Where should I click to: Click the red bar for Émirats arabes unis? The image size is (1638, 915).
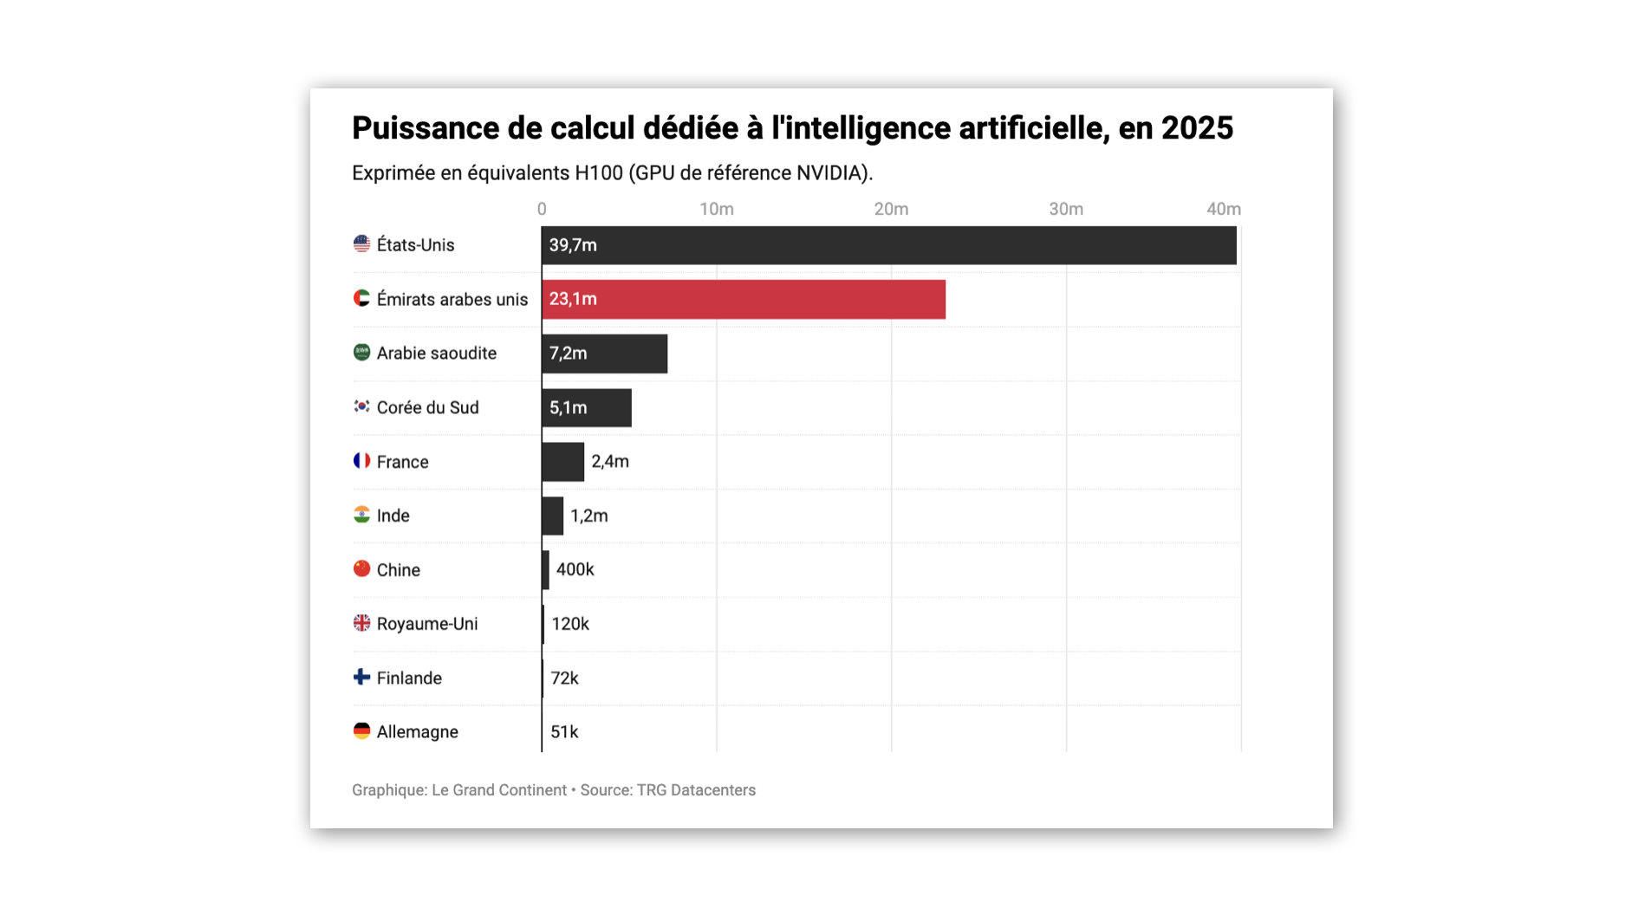pos(744,299)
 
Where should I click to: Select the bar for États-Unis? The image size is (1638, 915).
pos(888,245)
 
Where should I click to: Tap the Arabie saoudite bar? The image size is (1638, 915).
pos(604,354)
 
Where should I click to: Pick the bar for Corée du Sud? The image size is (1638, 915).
pos(587,407)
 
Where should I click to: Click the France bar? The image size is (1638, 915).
pos(562,462)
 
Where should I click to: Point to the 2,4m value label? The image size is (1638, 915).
pos(610,462)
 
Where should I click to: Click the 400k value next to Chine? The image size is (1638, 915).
pos(575,570)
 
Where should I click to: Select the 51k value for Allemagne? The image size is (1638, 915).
pos(564,732)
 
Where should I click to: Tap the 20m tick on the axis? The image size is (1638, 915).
pos(891,209)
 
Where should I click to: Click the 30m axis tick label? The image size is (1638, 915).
pos(1066,209)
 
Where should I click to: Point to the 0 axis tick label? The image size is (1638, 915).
pos(542,209)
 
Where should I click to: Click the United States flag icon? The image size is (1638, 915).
pos(361,244)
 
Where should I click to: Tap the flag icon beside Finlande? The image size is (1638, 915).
pos(361,677)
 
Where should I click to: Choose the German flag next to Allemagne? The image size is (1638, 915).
pos(361,731)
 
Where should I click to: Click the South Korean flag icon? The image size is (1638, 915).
pos(361,406)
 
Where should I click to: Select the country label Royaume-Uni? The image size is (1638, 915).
pos(426,624)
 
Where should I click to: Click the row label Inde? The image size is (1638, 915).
pos(393,516)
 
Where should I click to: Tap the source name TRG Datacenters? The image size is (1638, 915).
pos(696,790)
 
